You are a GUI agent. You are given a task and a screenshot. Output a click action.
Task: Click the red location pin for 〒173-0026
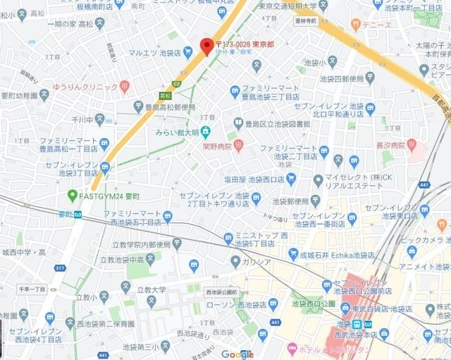coord(206,45)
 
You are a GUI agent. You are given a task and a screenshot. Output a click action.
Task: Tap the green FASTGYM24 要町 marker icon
coord(72,195)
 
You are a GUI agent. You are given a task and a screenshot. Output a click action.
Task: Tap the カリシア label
coord(258,262)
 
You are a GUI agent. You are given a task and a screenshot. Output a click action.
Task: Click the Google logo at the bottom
coord(237,354)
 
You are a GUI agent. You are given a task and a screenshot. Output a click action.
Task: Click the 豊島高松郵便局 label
coord(175,108)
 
